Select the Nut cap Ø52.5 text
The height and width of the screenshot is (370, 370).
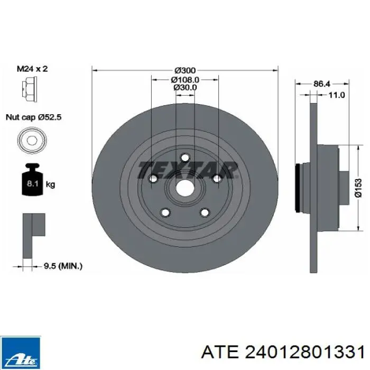[x=33, y=117]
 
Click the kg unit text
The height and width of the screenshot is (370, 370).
[x=50, y=185]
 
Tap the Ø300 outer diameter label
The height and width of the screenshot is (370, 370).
[x=185, y=70]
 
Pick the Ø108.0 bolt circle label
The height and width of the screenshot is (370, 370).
[x=185, y=79]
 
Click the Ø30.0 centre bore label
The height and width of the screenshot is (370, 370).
[x=186, y=87]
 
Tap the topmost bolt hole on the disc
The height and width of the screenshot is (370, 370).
[x=185, y=158]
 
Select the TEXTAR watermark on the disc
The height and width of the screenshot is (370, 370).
[x=187, y=169]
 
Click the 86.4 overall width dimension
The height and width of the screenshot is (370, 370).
[x=322, y=84]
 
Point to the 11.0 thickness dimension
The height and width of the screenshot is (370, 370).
[x=336, y=95]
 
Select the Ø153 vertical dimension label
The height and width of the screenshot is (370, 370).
[x=358, y=188]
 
